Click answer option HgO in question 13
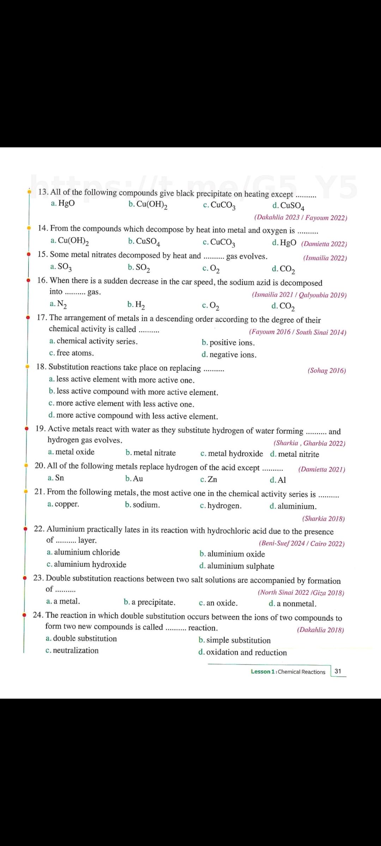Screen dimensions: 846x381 click(x=66, y=203)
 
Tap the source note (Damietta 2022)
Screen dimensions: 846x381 click(x=324, y=244)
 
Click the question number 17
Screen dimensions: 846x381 click(x=42, y=318)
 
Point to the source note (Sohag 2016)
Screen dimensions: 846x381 click(x=327, y=370)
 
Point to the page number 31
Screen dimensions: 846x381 click(x=338, y=671)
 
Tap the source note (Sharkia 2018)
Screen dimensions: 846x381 click(x=323, y=519)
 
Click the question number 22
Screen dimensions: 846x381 click(x=39, y=529)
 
